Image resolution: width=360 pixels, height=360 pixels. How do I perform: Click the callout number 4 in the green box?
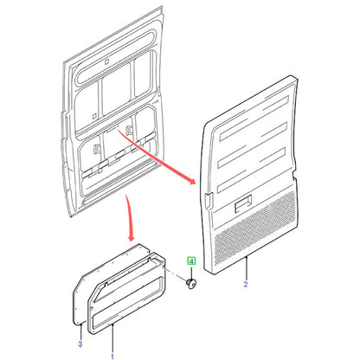tap(191, 261)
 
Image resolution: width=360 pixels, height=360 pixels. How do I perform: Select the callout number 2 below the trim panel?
tap(246, 284)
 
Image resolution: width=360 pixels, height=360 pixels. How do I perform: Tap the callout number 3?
tap(80, 344)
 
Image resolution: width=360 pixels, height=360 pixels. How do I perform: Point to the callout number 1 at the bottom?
tap(112, 357)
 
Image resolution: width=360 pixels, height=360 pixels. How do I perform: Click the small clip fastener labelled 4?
tap(191, 284)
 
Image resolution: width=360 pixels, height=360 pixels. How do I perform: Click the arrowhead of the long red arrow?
tap(191, 180)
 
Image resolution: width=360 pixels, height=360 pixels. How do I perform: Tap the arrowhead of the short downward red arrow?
tap(131, 237)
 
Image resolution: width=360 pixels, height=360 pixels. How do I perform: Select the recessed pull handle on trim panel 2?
tap(243, 204)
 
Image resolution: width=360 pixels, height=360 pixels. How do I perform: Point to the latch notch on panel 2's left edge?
tap(209, 200)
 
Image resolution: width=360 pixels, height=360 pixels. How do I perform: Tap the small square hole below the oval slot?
tap(106, 61)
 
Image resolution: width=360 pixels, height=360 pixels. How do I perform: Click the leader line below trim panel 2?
tap(247, 268)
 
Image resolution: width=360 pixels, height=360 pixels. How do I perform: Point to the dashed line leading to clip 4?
tap(175, 274)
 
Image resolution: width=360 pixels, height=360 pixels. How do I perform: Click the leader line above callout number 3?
tap(81, 331)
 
